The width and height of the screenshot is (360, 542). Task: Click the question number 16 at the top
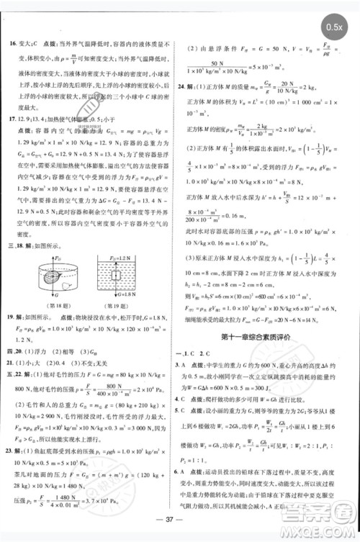pyautogui.click(x=12, y=44)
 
